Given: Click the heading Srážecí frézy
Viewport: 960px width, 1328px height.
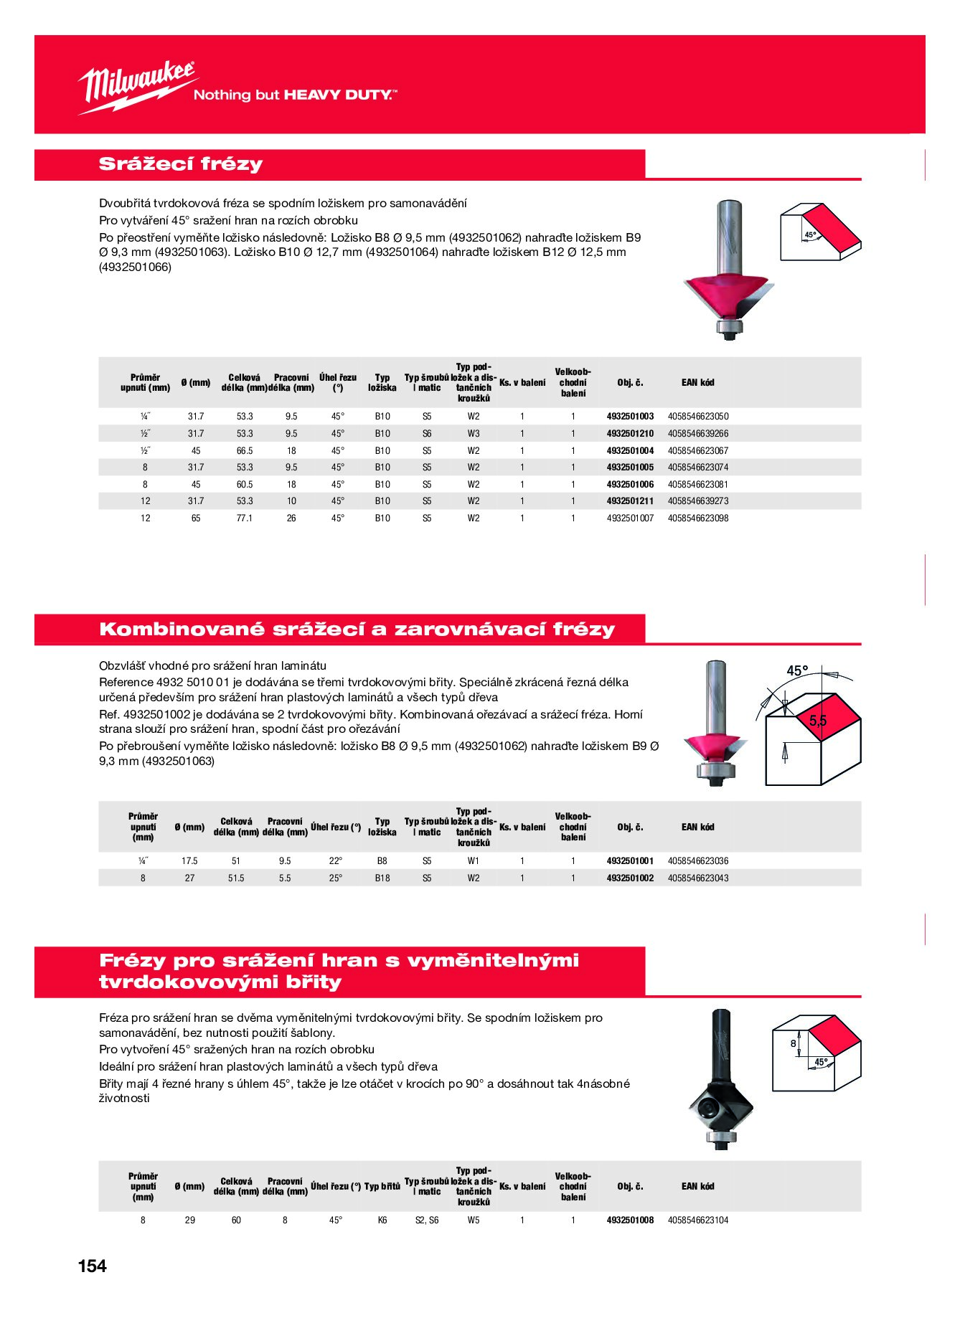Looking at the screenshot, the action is coord(181,164).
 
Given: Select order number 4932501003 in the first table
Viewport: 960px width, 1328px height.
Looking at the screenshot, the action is coord(630,416).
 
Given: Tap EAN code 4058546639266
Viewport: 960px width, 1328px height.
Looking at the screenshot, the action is coord(698,433).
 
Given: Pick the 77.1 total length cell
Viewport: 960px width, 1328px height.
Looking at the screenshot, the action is coord(245,518).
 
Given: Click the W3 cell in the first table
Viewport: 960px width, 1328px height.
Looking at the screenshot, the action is coord(474,433).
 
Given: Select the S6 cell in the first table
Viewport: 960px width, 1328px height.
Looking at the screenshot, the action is coord(427,433).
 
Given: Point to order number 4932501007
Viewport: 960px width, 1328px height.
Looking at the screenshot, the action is coord(630,518).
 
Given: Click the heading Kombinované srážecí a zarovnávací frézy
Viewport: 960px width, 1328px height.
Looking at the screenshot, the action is coord(357,630).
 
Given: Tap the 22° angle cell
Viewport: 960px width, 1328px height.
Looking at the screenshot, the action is coord(336,860).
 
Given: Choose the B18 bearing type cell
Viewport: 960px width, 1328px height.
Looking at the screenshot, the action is coord(382,878).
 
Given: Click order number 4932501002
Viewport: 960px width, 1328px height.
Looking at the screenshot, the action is coord(630,878).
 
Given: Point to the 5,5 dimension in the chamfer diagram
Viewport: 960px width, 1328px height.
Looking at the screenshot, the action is coord(818,721).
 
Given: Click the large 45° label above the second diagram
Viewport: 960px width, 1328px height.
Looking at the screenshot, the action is coord(797,671).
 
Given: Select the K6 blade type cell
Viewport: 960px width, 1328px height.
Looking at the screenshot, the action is coord(382,1220).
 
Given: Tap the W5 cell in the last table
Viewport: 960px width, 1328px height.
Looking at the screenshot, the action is coord(474,1220).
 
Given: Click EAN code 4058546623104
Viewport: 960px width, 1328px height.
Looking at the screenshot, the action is coord(698,1220).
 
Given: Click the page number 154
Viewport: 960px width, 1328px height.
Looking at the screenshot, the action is coord(93,1266).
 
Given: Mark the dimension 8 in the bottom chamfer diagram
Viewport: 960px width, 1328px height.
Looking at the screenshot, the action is coord(793,1043).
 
